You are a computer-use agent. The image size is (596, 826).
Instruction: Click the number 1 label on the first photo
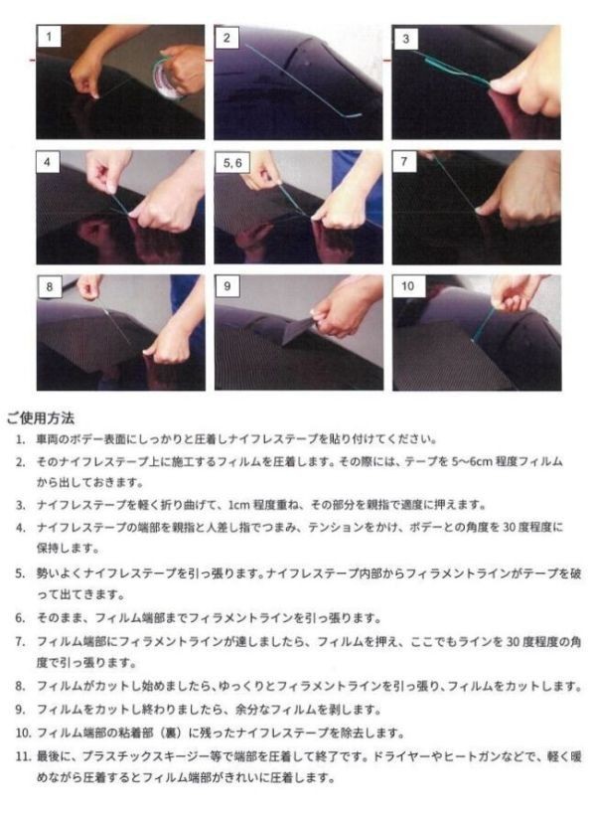pos(49,37)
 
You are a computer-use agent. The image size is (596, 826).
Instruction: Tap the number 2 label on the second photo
pos(226,38)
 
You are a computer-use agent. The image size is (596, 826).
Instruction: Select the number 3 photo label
pos(405,39)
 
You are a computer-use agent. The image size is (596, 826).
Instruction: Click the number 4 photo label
pos(48,162)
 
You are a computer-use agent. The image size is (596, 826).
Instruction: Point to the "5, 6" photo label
pos(232,163)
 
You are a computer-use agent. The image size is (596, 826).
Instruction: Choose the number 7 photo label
pos(404,162)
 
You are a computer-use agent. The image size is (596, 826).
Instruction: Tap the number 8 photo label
pos(50,287)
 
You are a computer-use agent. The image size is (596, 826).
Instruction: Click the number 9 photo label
pos(227,286)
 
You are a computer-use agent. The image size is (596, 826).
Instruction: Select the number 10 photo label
pos(408,286)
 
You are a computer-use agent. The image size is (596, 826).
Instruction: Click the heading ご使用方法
pos(41,418)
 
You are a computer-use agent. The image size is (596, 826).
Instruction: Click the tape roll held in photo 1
pos(165,78)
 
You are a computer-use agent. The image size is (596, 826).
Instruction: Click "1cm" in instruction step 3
pos(238,505)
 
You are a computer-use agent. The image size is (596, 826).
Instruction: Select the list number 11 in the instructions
pos(23,756)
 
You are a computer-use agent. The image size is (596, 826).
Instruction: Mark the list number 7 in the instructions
pos(20,642)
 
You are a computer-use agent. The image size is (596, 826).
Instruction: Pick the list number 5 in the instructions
pos(20,574)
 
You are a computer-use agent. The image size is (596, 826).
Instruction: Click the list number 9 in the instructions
pos(20,710)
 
